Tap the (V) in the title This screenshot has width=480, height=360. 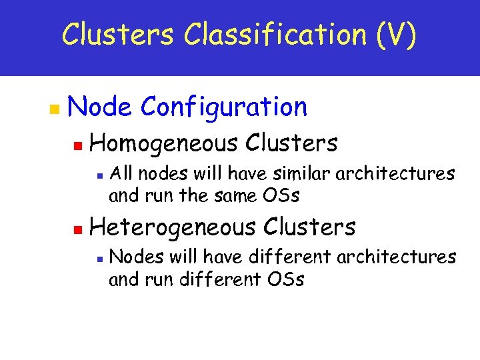pyautogui.click(x=397, y=35)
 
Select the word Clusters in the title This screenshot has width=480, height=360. pyautogui.click(x=117, y=35)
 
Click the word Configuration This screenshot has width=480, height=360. pyautogui.click(x=224, y=107)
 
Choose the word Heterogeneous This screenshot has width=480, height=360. pyautogui.click(x=172, y=227)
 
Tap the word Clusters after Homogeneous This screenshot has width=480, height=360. pyautogui.click(x=291, y=143)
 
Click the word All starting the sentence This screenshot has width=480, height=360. pyautogui.click(x=121, y=174)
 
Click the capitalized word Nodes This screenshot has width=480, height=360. pyautogui.click(x=132, y=257)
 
